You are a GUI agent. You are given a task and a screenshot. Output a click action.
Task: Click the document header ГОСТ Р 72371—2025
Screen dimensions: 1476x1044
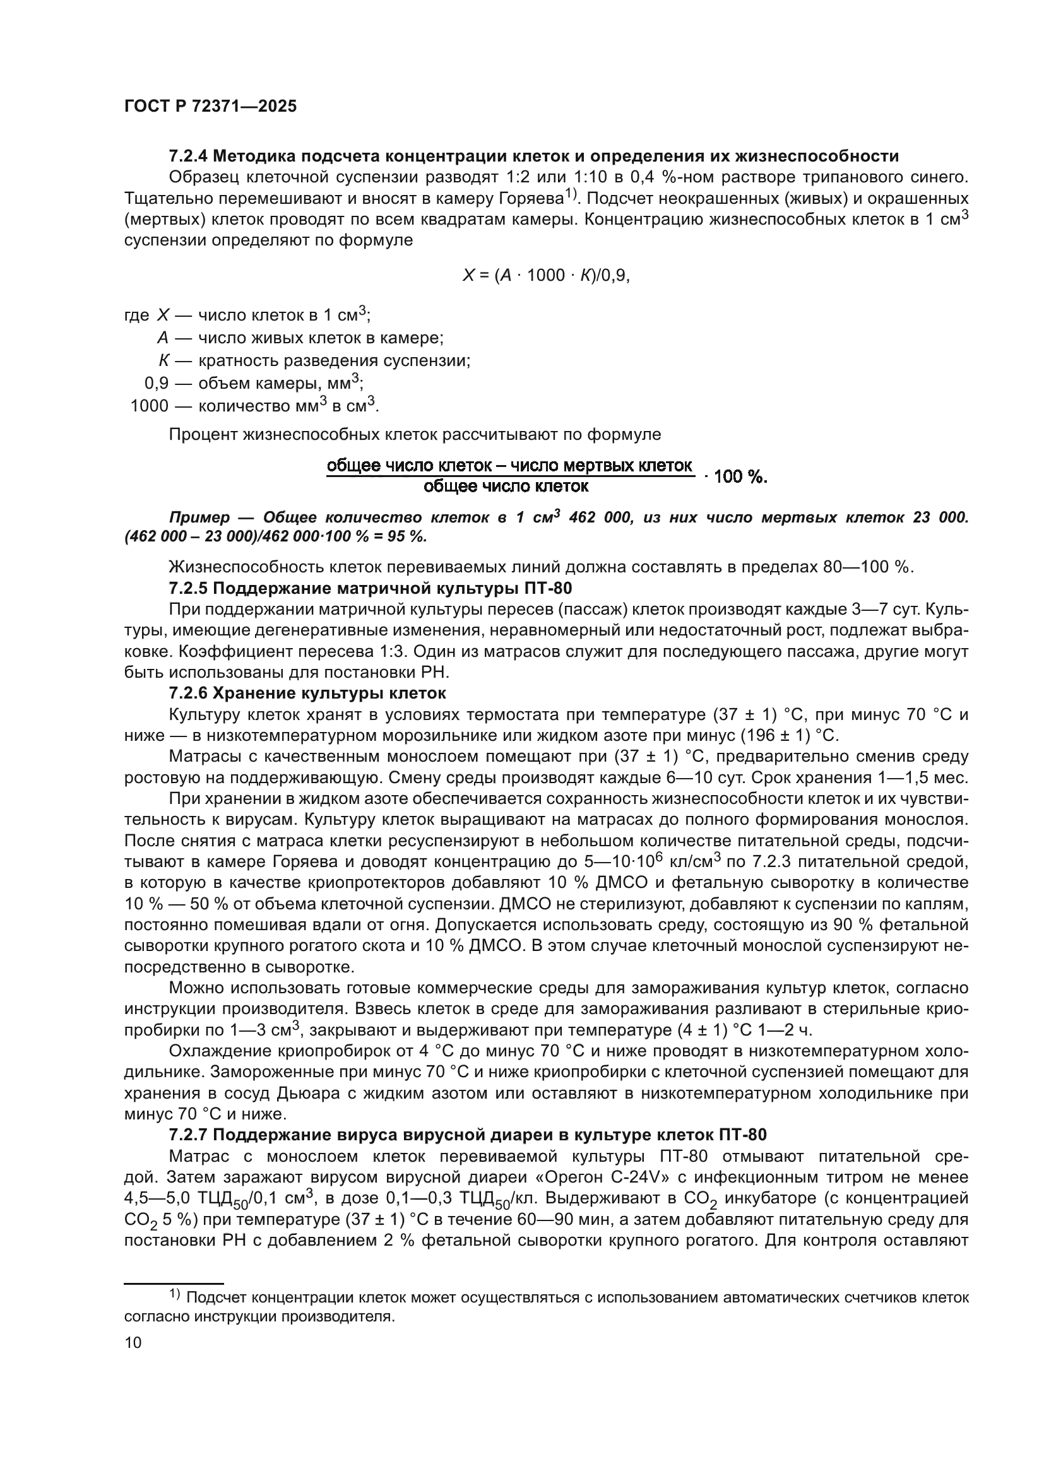pos(210,107)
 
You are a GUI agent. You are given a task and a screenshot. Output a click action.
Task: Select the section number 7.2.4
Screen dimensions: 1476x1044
pos(187,156)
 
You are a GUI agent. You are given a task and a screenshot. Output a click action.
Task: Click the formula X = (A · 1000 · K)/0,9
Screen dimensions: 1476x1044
pos(546,276)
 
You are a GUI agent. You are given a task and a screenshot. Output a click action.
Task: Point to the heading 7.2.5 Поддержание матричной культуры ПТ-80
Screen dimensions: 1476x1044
pos(371,588)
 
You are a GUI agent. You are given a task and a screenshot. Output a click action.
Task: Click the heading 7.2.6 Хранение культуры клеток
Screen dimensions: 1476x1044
pos(307,693)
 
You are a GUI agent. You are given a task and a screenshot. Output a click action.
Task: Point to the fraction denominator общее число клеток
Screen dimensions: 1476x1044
pos(506,487)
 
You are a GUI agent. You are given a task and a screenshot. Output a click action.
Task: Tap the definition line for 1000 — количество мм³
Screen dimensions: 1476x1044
pos(254,406)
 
